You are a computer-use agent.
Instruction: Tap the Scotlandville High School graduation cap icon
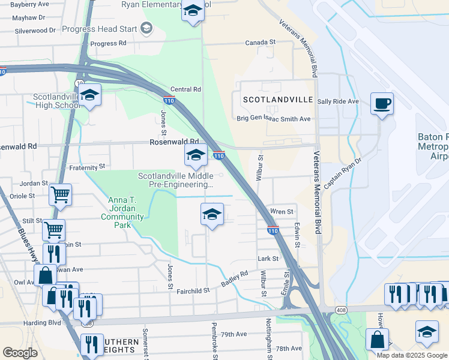click(89, 95)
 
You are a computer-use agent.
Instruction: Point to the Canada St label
click(260, 43)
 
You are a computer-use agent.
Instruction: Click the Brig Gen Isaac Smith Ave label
click(273, 119)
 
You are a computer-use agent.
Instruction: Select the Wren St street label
click(282, 212)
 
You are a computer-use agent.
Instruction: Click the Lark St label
click(268, 259)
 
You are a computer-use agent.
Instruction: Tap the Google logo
click(20, 353)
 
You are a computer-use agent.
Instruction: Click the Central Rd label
click(185, 89)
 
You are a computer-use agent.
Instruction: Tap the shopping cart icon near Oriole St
click(60, 194)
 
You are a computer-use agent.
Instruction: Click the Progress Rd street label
click(108, 43)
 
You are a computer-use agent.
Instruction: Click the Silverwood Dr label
click(35, 30)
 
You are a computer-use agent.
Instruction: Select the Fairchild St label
click(193, 290)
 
